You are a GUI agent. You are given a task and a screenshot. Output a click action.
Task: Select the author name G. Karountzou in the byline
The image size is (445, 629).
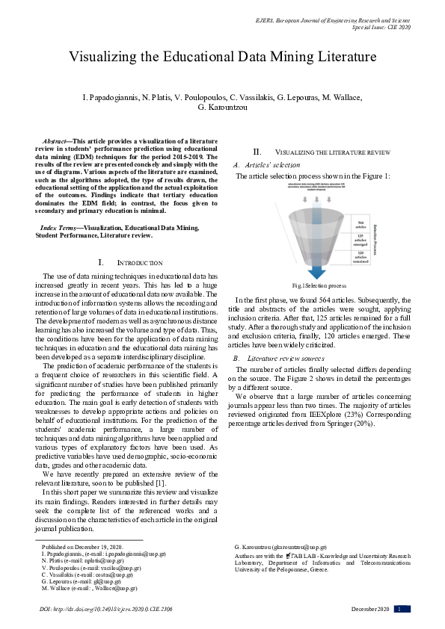222,108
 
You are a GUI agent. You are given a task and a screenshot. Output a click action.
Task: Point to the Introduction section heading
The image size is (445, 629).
131,263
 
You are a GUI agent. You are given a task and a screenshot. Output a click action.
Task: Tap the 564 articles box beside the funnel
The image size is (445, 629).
359,226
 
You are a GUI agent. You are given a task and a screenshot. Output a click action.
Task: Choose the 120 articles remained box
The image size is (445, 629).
359,256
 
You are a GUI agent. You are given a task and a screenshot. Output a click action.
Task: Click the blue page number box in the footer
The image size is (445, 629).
402,609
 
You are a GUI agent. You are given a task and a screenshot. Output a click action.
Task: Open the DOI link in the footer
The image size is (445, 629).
106,610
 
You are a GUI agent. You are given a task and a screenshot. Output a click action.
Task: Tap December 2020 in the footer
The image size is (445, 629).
371,610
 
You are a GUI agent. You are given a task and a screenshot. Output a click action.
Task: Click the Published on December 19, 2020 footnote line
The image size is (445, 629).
77,548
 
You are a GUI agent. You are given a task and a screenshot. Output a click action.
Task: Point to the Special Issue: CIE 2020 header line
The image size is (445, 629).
381,27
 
